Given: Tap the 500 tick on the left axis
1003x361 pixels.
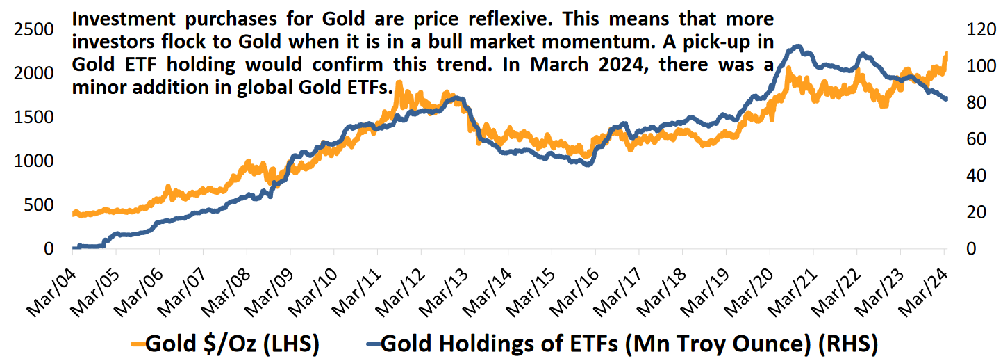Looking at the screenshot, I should coord(38,205).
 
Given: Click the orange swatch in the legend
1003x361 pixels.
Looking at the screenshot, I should coord(137,342).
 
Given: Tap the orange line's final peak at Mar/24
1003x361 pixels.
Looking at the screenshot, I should coord(945,54).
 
